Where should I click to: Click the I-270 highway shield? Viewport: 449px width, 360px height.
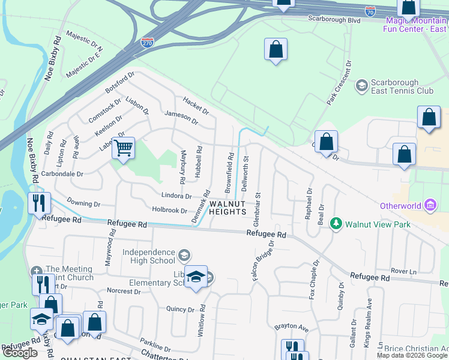[147, 43]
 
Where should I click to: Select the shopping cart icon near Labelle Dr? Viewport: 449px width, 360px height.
[124, 148]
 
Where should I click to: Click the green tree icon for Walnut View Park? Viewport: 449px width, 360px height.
[336, 224]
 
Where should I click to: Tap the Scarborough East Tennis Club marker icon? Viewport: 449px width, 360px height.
[361, 86]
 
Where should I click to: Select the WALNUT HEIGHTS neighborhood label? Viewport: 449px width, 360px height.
[228, 208]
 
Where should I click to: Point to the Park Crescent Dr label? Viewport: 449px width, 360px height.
[339, 83]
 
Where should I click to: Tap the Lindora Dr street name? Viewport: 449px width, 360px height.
[176, 196]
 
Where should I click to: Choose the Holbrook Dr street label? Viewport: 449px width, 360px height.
[170, 209]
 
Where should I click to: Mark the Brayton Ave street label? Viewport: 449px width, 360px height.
[291, 328]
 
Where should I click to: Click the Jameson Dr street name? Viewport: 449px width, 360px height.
[181, 116]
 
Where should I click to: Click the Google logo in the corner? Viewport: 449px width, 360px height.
[20, 353]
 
